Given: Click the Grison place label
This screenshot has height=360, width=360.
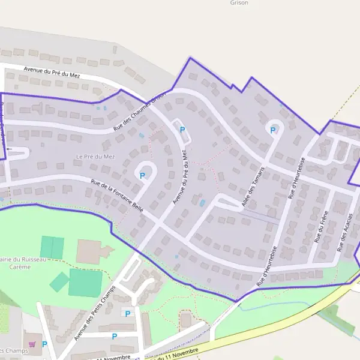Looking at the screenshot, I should pos(239,2).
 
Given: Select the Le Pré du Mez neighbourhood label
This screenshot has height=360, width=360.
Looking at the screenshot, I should pos(95,157).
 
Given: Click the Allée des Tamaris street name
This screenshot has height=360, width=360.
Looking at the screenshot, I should pos(253,188).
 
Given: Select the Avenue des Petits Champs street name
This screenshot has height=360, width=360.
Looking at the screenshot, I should pos(94,311).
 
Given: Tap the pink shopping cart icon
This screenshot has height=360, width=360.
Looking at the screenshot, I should pos(31,344).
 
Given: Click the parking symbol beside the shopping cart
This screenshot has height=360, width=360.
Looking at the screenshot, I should pos(44,344).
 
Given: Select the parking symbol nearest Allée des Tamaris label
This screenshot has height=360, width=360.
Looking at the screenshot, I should pos(273,130).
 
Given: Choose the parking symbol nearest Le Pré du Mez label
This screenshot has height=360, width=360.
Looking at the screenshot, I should pos(142,176).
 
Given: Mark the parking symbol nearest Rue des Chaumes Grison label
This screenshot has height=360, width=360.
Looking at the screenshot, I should pos(182,130).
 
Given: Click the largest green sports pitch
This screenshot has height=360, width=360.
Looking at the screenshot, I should pos(85,283).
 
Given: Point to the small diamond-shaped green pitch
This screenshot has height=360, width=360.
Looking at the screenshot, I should pos(59,281).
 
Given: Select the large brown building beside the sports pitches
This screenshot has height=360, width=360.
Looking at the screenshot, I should pos(89,251).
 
